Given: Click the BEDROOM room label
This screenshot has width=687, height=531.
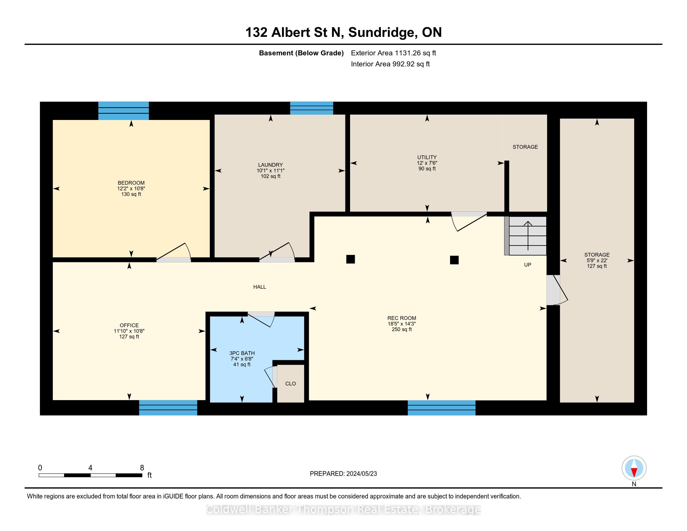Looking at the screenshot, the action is pyautogui.click(x=131, y=183).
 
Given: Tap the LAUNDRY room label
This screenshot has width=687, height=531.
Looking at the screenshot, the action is pyautogui.click(x=270, y=165).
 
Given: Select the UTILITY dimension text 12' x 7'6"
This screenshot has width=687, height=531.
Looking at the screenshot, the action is pyautogui.click(x=427, y=163).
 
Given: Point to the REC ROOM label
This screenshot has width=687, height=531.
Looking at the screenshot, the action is pyautogui.click(x=402, y=318).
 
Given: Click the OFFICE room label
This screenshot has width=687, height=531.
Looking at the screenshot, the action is pyautogui.click(x=129, y=325).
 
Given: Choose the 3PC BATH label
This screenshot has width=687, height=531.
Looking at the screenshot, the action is pyautogui.click(x=242, y=353).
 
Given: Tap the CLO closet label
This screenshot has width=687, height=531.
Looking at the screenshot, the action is pyautogui.click(x=290, y=384).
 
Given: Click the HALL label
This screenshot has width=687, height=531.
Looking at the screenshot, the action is pyautogui.click(x=260, y=287).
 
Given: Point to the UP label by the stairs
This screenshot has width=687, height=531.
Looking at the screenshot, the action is pyautogui.click(x=527, y=265).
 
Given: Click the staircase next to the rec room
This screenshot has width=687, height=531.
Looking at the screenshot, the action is pyautogui.click(x=526, y=235).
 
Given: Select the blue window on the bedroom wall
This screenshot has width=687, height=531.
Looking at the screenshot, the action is pyautogui.click(x=124, y=111).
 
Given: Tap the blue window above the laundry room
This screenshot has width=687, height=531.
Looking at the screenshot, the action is pyautogui.click(x=311, y=108).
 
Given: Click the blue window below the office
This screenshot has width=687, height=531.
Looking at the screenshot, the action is pyautogui.click(x=168, y=408).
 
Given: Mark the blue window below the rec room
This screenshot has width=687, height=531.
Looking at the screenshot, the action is pyautogui.click(x=442, y=408).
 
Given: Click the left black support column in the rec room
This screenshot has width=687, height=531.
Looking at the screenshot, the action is pyautogui.click(x=350, y=259).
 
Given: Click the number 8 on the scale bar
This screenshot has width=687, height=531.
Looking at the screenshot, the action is pyautogui.click(x=142, y=468).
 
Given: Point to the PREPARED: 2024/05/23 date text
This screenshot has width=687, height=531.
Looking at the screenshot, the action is pyautogui.click(x=343, y=474).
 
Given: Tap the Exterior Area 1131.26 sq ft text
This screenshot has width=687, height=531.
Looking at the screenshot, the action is pyautogui.click(x=393, y=53).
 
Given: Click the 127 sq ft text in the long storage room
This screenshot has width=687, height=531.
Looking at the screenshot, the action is pyautogui.click(x=597, y=266).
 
